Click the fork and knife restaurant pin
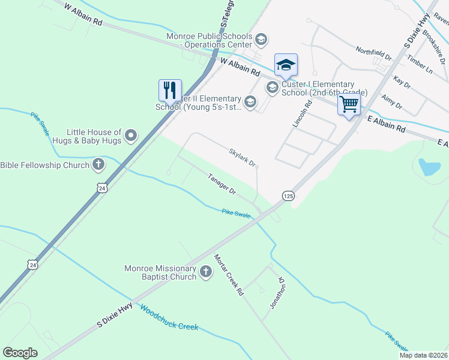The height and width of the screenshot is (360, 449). coord(169,91)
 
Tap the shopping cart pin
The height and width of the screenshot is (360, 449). coord(349,104)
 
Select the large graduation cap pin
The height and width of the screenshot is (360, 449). coord(286,65)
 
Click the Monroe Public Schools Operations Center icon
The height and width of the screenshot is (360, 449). coord(261,40)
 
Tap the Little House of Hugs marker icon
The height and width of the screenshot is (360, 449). coord(130,136)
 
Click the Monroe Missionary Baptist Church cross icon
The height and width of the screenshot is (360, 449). coord(205,272)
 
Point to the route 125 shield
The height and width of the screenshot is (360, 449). coord(288,196)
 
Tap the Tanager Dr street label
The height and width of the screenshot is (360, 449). coord(221,183)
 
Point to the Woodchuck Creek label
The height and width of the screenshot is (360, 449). coord(169,318)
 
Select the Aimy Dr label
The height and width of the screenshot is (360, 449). coord(391,101)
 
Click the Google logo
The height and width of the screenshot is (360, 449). coord(20,353)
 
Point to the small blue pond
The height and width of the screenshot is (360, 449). coord(429,167)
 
